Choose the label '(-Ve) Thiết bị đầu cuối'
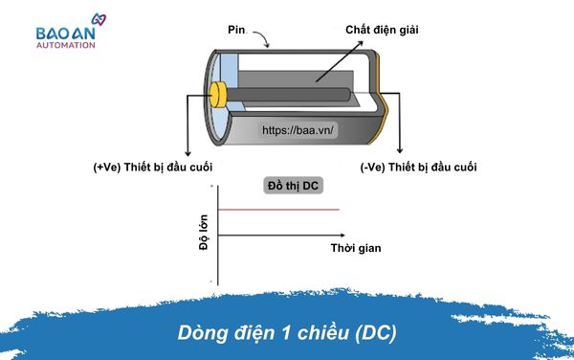(x=418, y=168)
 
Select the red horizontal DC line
(x=278, y=210)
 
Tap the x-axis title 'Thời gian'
(x=355, y=248)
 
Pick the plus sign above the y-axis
(x=211, y=184)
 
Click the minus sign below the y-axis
(x=211, y=281)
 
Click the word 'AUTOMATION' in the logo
(x=73, y=44)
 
